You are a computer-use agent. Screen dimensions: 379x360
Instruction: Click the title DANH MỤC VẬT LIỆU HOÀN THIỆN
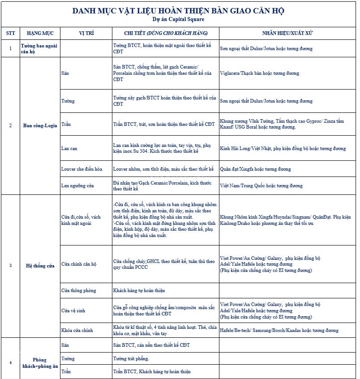click(178, 11)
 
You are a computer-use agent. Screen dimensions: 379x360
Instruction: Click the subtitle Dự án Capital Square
click(178, 19)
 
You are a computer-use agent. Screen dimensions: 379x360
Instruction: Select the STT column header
click(10, 34)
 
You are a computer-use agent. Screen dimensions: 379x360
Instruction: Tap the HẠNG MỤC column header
click(40, 34)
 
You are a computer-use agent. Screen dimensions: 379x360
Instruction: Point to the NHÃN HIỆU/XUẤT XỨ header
click(287, 34)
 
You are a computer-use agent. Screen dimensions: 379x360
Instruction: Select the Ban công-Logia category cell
click(40, 125)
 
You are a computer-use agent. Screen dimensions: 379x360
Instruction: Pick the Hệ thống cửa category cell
click(40, 266)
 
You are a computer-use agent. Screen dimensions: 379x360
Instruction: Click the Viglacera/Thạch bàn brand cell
click(260, 73)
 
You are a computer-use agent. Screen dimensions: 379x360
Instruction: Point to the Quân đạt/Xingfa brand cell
click(255, 169)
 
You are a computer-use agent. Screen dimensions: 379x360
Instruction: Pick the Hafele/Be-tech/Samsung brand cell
click(279, 331)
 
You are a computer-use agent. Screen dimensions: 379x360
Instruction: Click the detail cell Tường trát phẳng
click(131, 359)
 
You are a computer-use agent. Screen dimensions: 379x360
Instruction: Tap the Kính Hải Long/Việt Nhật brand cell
click(283, 148)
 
